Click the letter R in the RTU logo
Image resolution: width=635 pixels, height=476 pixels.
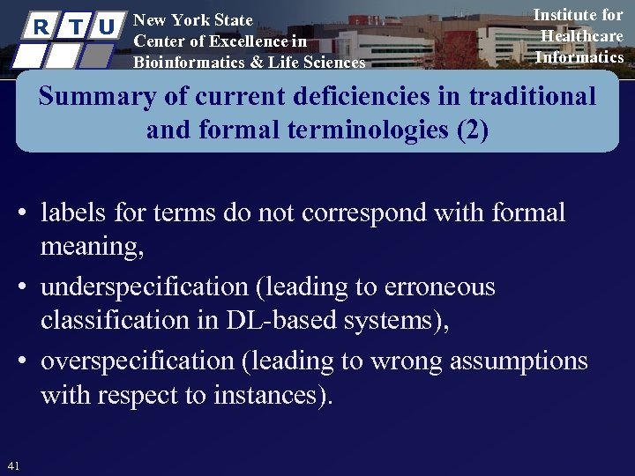[x=41, y=27]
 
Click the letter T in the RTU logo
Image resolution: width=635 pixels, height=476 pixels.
[x=74, y=27]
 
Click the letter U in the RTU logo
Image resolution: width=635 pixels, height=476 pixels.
[x=107, y=27]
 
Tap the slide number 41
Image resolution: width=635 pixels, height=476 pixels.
[x=12, y=465]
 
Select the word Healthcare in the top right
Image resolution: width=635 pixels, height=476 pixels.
[x=581, y=36]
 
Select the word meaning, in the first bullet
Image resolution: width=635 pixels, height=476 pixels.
[x=92, y=248]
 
